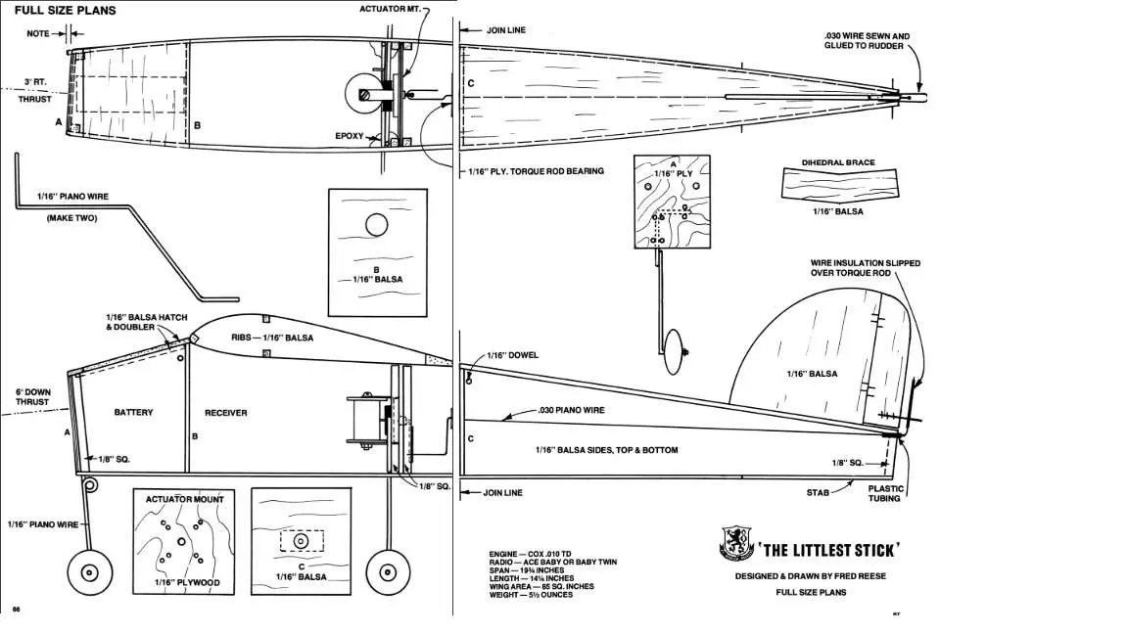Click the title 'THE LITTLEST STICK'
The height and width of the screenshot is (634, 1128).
tap(828, 551)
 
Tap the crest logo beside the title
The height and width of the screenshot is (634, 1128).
tap(736, 543)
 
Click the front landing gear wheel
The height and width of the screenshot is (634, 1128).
tap(90, 573)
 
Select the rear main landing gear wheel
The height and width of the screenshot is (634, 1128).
tap(388, 573)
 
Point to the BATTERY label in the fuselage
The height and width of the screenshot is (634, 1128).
tap(134, 413)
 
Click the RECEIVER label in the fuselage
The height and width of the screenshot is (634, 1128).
tap(226, 413)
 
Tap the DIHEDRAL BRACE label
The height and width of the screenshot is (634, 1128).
tap(839, 162)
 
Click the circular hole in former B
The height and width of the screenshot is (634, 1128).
tap(377, 225)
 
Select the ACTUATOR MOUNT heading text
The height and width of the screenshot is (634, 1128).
tap(185, 499)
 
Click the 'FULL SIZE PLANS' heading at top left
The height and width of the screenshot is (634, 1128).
tap(65, 10)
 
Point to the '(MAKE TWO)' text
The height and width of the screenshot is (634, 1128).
tap(71, 218)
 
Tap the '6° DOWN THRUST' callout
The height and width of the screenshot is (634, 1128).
tap(33, 397)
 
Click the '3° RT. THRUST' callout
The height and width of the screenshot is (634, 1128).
tap(35, 91)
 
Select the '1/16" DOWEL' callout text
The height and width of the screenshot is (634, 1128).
tap(512, 355)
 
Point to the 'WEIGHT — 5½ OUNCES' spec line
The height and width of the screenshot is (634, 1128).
tap(531, 595)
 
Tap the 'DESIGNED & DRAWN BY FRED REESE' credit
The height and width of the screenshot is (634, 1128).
tap(811, 575)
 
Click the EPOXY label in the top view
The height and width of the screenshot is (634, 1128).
tap(350, 136)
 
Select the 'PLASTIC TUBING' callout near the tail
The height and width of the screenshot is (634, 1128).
tap(885, 493)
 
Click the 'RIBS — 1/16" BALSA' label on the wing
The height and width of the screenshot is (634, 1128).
tap(272, 338)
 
